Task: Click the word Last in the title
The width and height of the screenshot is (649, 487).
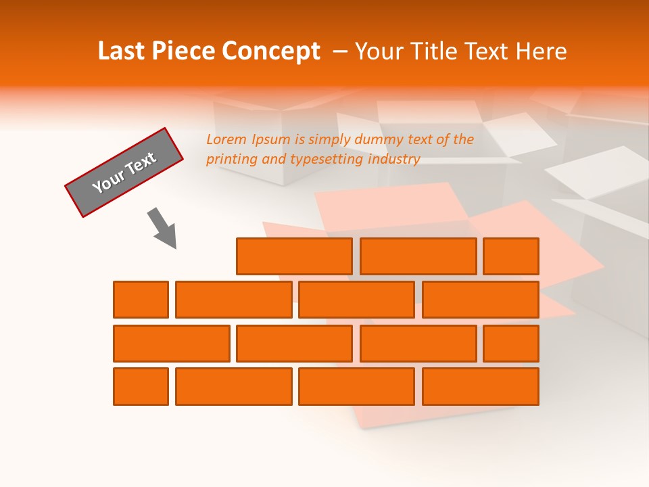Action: click(122, 51)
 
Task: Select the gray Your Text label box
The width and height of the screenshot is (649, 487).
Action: click(124, 172)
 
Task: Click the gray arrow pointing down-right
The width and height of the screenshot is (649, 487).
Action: click(163, 228)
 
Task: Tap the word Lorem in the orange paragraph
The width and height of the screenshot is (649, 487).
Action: click(226, 140)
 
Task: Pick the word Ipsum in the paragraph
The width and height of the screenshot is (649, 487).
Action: click(271, 141)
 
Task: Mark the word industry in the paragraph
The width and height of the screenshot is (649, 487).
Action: click(394, 160)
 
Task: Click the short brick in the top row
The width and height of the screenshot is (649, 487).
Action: click(511, 256)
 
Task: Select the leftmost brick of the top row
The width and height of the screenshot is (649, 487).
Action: click(294, 256)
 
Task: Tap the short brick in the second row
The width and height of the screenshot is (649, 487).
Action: click(141, 300)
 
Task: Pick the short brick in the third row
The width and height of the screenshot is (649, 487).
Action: click(511, 343)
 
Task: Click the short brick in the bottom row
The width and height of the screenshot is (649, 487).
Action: click(141, 386)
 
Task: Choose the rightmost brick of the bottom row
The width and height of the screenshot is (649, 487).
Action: click(481, 386)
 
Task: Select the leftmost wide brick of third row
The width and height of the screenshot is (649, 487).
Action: click(171, 343)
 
